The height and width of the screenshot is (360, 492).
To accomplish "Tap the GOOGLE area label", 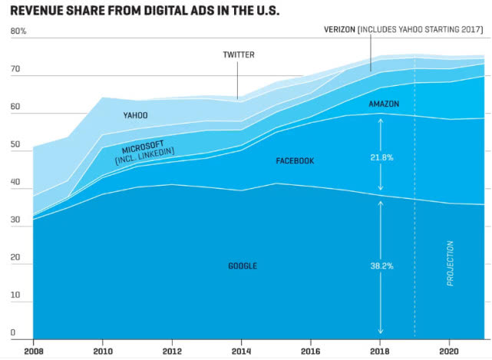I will (x=243, y=266).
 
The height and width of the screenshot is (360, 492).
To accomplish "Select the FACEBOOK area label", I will (x=295, y=161).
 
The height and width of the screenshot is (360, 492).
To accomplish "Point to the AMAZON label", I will (x=384, y=104).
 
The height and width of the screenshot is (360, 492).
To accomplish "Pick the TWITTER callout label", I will (x=239, y=55).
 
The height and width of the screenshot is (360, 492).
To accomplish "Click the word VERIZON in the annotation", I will (x=338, y=29).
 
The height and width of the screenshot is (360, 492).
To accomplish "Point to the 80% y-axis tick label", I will (x=18, y=31).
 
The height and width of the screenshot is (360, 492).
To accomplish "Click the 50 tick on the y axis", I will (x=15, y=144).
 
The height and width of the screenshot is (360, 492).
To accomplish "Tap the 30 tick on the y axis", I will (x=15, y=220).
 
